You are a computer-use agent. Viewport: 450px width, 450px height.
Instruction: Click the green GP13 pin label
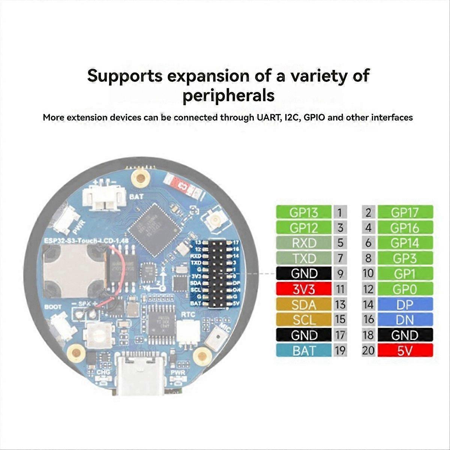(304, 213)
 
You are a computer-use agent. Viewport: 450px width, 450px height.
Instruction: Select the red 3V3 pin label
(304, 289)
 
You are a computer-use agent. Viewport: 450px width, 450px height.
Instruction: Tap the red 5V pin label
(405, 351)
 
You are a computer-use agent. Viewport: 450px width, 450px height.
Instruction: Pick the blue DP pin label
(405, 304)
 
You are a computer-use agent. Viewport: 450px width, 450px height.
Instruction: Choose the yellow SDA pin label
(304, 304)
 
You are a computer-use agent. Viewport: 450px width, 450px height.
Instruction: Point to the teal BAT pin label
(304, 351)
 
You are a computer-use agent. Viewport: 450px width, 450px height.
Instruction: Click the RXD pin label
(304, 243)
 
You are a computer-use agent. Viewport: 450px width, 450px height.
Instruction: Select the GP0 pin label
(405, 289)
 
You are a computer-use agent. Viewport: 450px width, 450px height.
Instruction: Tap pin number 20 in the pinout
(368, 351)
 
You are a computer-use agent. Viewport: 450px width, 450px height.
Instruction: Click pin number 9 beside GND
(340, 274)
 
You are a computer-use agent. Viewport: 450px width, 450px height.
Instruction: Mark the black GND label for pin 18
(405, 335)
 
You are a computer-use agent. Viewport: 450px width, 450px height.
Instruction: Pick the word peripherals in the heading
(228, 95)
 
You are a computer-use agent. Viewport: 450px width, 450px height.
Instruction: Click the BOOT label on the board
(53, 307)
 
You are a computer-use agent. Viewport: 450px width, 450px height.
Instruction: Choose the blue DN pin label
(405, 320)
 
